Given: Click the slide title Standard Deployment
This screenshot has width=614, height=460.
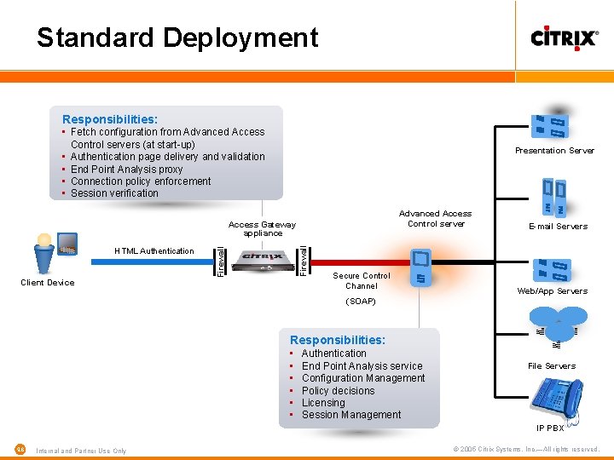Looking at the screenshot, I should tap(177, 37).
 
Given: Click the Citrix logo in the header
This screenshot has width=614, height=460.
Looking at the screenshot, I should tap(564, 38).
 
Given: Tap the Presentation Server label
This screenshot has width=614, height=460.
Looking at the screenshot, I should tap(554, 151).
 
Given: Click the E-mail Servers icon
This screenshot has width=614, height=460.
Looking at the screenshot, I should tap(553, 198).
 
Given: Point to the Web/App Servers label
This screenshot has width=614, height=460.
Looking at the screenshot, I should tap(552, 291).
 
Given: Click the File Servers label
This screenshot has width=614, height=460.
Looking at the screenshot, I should tap(551, 366).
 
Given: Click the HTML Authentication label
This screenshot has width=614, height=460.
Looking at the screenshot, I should tap(154, 250).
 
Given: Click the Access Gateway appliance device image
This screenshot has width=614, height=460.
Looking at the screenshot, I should tap(262, 260).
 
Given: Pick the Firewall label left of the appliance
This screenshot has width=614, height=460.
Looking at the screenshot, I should tap(219, 261).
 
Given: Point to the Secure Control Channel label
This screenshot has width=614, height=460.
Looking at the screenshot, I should tap(362, 281).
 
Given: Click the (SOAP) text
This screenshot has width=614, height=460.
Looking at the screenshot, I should tap(361, 302).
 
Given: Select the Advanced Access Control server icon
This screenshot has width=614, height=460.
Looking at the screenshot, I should tap(420, 267).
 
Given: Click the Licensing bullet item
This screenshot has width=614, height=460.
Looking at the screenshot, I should tap(323, 403).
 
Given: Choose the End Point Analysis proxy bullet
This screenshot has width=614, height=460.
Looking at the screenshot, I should tap(126, 170).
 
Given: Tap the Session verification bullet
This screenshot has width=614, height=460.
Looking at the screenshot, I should tap(114, 193).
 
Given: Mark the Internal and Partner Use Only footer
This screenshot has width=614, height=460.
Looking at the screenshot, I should tap(81, 451).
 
